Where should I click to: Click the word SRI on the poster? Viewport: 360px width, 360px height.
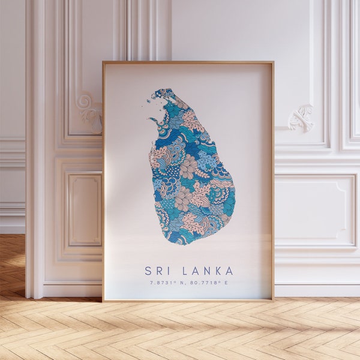[x=158, y=271]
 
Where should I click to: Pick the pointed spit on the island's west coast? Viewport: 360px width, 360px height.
[x=150, y=119]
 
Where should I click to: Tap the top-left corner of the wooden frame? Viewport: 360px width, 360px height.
[x=103, y=62]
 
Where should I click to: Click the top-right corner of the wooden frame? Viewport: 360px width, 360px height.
[x=273, y=62]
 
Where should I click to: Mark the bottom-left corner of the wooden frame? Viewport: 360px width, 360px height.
[x=103, y=299]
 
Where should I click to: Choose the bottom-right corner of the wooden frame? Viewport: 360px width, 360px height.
[x=273, y=299]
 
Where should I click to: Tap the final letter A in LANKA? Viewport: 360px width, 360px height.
[x=229, y=271]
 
